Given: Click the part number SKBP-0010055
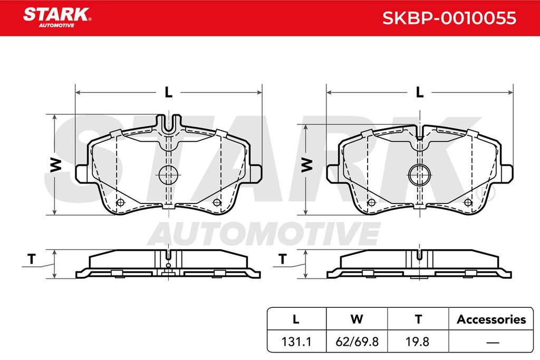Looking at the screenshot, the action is [449, 18].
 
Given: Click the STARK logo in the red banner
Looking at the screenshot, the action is [57, 17].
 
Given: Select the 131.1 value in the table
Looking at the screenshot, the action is [296, 342].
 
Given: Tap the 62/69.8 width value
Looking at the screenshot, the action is [357, 342].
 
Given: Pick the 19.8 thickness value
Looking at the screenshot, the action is [418, 342].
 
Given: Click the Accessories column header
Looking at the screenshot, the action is [491, 319].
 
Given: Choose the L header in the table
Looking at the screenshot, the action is [296, 319].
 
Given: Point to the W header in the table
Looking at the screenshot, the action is [357, 319].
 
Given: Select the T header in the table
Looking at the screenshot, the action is [418, 319].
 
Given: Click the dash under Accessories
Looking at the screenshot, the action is [493, 343].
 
